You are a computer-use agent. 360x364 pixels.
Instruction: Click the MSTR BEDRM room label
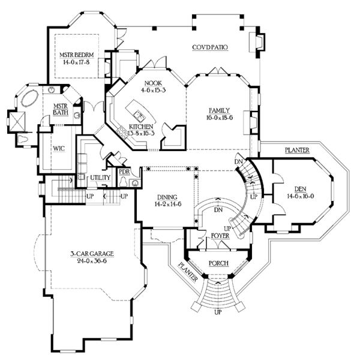coord(77,55)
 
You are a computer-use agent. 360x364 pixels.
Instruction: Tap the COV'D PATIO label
coord(210,47)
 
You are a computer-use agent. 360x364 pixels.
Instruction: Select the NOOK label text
coord(153,83)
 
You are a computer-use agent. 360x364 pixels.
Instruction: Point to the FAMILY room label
coord(219,110)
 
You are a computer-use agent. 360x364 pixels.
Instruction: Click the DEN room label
coord(301,189)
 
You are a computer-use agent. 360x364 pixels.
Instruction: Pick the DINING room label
coord(167,197)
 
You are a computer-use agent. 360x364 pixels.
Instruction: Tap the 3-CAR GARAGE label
coord(92,254)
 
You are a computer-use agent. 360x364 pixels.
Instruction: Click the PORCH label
coord(218,263)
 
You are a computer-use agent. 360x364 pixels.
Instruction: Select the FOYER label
coord(220,236)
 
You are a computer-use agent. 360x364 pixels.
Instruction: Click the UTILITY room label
coord(100,178)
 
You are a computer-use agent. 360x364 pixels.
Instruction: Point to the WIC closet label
coord(59,149)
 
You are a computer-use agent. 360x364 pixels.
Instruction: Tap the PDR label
coord(124,172)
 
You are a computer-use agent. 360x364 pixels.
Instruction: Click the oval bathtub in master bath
coord(30,98)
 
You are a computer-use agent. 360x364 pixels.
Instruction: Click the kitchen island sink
coord(139,116)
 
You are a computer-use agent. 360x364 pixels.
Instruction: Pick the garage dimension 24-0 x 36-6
coord(92,261)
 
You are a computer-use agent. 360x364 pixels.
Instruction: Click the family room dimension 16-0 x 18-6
coord(220,118)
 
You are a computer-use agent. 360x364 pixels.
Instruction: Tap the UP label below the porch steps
coord(218,312)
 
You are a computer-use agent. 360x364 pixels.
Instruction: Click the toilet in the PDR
coord(124,182)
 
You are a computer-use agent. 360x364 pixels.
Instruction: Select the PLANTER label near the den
coord(297,150)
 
